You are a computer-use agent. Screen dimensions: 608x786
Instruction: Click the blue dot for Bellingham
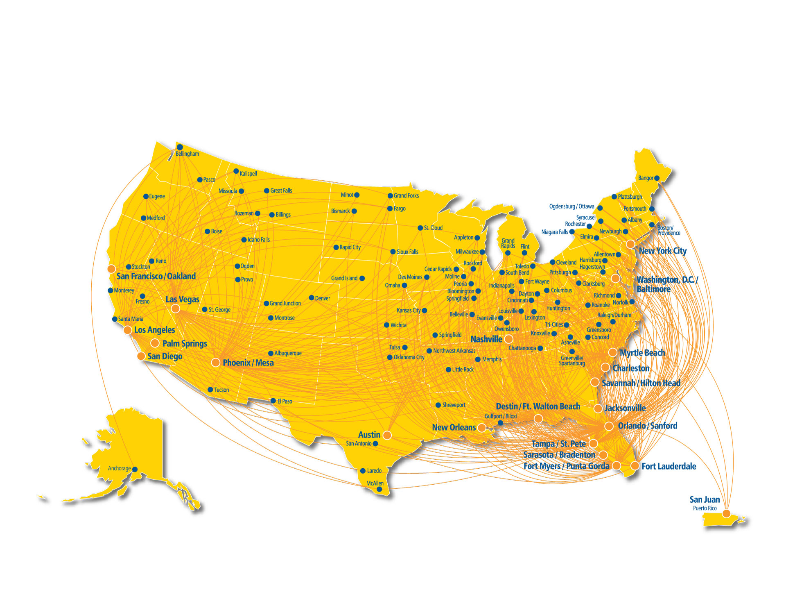tap(180, 147)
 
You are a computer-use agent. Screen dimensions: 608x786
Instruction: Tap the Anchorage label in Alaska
tap(119, 468)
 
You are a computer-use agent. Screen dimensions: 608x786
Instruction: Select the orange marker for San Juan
tap(726, 513)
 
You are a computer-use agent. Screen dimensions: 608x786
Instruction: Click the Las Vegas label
tap(182, 299)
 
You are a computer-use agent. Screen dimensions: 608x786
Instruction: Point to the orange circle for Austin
tap(387, 435)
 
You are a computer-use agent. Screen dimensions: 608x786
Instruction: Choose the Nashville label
tap(486, 339)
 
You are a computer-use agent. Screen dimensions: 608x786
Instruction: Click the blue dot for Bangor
tap(657, 178)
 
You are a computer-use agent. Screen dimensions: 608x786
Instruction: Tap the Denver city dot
tap(312, 298)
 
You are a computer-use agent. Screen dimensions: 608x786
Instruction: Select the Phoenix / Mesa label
tap(248, 363)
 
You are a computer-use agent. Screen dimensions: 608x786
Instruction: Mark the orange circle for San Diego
tap(141, 356)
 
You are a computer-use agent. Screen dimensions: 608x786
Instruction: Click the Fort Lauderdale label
tap(669, 466)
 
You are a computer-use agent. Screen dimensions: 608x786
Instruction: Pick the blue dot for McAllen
tap(379, 489)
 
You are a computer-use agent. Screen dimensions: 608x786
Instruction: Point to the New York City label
tap(662, 251)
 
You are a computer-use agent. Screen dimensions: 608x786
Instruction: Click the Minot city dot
tap(357, 195)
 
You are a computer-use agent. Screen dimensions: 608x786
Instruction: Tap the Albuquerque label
tap(288, 353)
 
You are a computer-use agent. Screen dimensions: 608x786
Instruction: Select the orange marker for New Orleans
tap(482, 428)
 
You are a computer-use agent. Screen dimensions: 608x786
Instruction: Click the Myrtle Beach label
tap(642, 353)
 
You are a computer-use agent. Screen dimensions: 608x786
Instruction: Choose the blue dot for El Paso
tap(273, 401)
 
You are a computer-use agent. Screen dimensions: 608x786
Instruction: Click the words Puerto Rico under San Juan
tap(705, 508)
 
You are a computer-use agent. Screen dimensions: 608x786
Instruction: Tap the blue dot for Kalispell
tap(236, 171)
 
